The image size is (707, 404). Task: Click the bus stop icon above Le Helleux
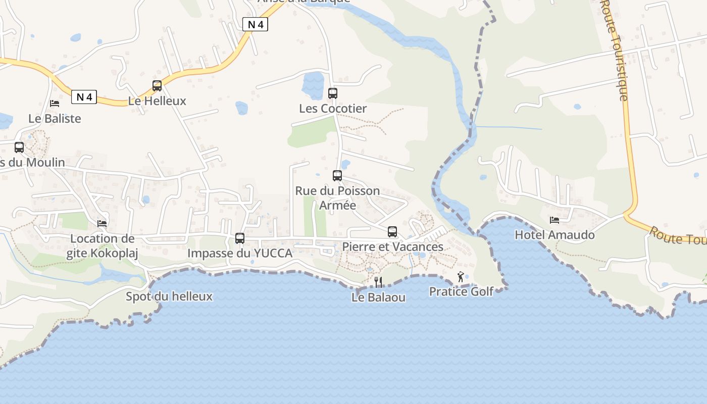[157, 86]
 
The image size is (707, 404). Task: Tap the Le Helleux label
[157, 101]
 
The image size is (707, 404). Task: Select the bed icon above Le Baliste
[55, 104]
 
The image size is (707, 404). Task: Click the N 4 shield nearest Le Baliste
[84, 97]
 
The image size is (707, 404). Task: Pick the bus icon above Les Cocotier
[332, 93]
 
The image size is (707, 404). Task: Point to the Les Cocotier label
[333, 109]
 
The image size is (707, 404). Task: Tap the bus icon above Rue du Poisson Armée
[337, 176]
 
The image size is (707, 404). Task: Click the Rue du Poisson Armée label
[337, 198]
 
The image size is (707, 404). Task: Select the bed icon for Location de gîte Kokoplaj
[102, 223]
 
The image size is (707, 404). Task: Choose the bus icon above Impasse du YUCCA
[240, 238]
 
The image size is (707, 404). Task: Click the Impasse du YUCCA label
[240, 254]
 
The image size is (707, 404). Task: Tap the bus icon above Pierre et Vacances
[392, 232]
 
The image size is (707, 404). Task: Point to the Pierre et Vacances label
[393, 247]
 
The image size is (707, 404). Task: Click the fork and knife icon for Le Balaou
[378, 282]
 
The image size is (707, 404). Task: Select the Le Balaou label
[378, 297]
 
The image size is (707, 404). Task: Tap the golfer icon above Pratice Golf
[461, 277]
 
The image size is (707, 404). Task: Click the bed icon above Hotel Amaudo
[554, 220]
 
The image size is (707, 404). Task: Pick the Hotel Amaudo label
[554, 235]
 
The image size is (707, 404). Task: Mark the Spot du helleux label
[169, 296]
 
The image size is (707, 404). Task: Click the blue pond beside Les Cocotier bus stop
[313, 85]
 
